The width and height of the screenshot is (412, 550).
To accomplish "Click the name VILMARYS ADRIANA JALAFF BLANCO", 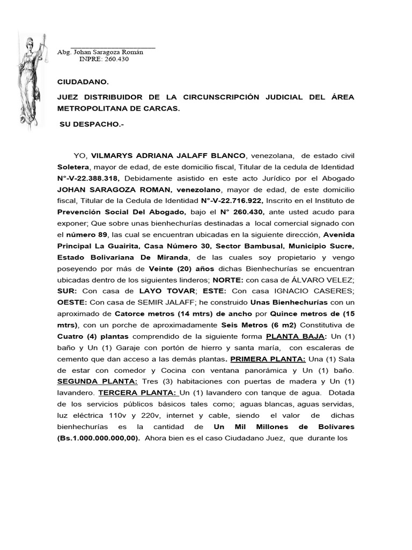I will tap(167, 156).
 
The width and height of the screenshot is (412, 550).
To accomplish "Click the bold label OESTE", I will tap(72, 302).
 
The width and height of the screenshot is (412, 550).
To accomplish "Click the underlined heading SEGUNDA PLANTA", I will tap(98, 381).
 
